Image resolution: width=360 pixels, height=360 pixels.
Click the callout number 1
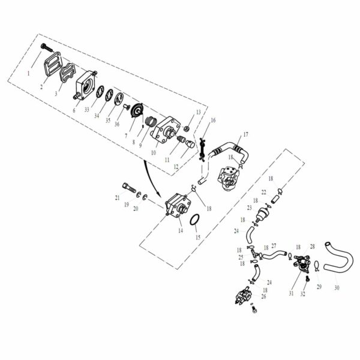pyautogui.click(x=28, y=74)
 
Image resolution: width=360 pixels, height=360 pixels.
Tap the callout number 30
pyautogui.click(x=337, y=287)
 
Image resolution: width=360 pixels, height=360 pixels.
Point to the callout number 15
pyautogui.click(x=198, y=237)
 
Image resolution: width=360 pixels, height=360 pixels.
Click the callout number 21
pyautogui.click(x=118, y=197)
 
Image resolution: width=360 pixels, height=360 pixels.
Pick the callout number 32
pyautogui.click(x=303, y=294)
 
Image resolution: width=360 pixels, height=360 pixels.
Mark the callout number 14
pyautogui.click(x=180, y=230)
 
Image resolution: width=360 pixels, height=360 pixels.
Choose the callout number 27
pyautogui.click(x=274, y=245)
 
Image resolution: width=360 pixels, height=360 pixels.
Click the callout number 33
pyautogui.click(x=86, y=110)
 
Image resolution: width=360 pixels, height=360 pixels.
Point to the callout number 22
pyautogui.click(x=264, y=191)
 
